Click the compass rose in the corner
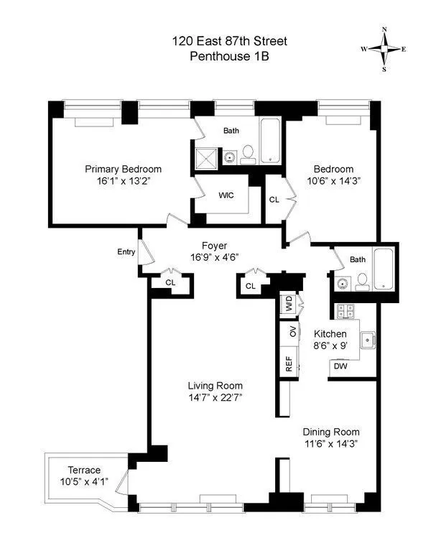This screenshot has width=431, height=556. coord(384,50)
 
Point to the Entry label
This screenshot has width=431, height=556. coord(126,251)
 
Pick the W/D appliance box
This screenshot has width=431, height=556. coord(289,305)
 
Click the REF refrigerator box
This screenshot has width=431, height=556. coord(288,366)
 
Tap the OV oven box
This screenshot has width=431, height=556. coord(292,331)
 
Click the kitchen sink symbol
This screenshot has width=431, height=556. coord(368,338)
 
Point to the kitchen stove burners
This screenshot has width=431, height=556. coord(344,311)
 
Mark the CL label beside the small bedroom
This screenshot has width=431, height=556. coord(274,199)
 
